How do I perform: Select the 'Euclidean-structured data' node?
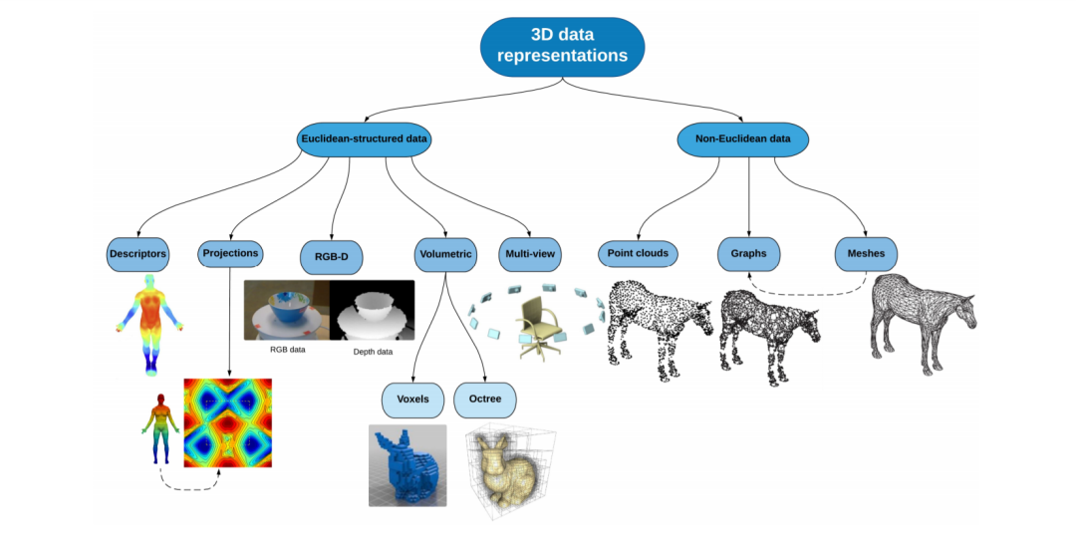click(x=365, y=139)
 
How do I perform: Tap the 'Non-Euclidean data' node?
click(x=741, y=138)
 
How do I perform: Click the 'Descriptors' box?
click(x=137, y=254)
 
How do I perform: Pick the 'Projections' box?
click(x=230, y=253)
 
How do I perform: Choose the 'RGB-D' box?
click(x=332, y=257)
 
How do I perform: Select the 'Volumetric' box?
click(x=444, y=254)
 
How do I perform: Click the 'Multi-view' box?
click(x=530, y=254)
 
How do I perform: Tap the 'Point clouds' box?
click(x=639, y=253)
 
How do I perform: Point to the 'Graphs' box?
click(x=748, y=254)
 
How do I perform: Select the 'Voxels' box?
click(x=412, y=399)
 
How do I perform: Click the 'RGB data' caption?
click(x=289, y=350)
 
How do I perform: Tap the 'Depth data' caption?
click(x=373, y=352)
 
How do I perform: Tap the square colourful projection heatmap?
click(x=228, y=422)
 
